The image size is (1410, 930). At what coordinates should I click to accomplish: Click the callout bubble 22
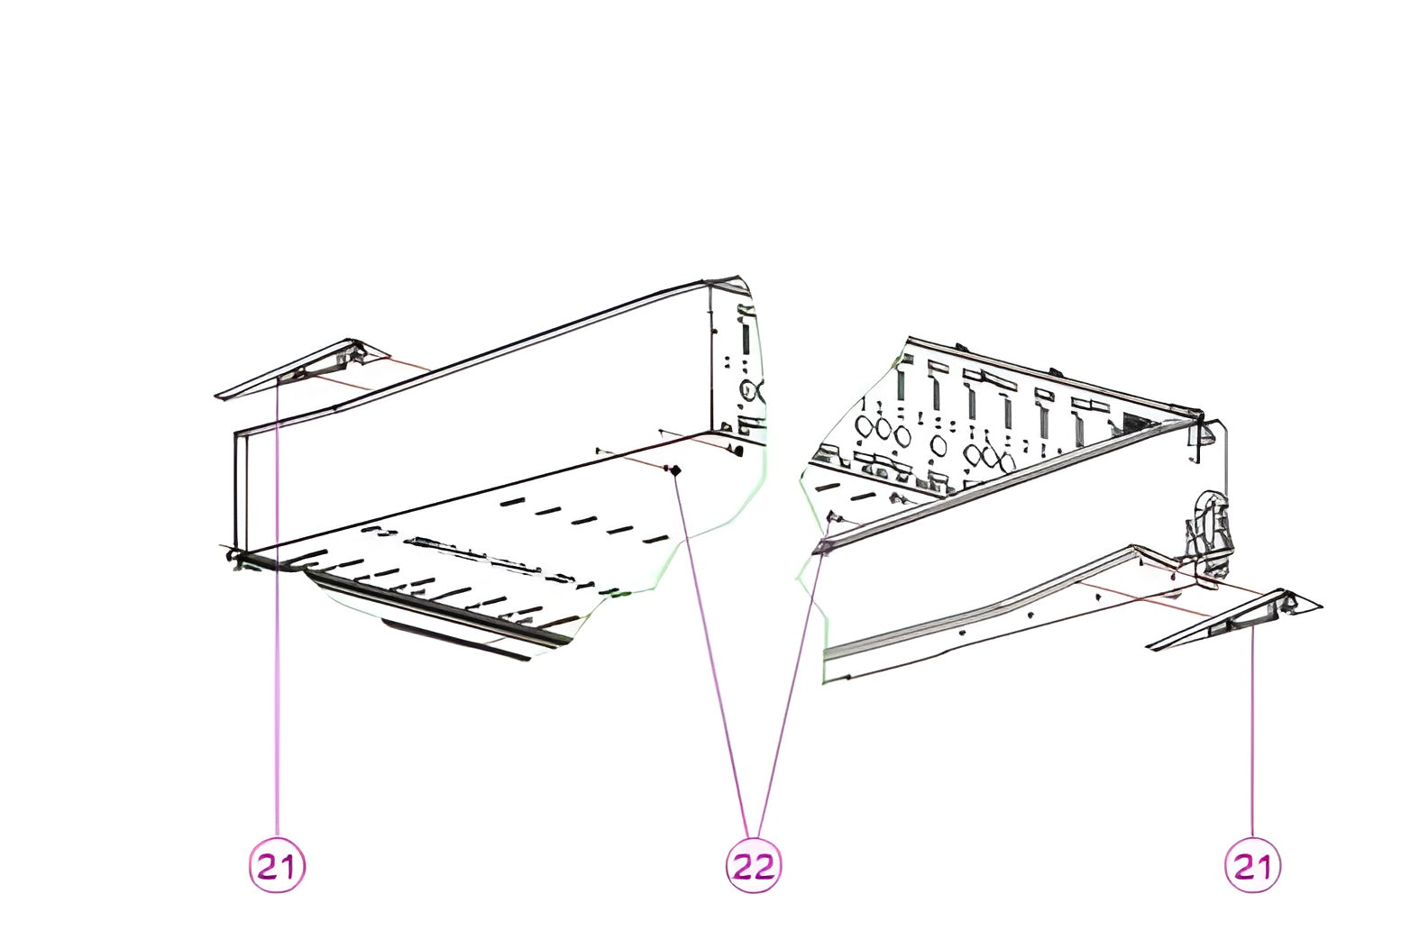click(x=754, y=865)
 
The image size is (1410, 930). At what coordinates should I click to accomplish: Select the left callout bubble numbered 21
click(x=277, y=865)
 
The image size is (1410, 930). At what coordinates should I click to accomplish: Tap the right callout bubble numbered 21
click(x=1252, y=865)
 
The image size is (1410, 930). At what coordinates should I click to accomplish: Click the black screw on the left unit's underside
click(x=675, y=470)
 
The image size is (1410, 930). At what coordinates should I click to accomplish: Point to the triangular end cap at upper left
click(x=302, y=371)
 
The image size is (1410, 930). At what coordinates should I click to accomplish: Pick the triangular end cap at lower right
click(x=1233, y=620)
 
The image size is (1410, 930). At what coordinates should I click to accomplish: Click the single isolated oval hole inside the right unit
click(x=938, y=445)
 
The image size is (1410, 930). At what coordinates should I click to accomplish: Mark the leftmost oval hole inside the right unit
click(x=864, y=426)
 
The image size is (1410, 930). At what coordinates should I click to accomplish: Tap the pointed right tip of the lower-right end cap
click(x=1322, y=606)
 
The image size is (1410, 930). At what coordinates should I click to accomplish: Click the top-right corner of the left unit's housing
click(x=737, y=277)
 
